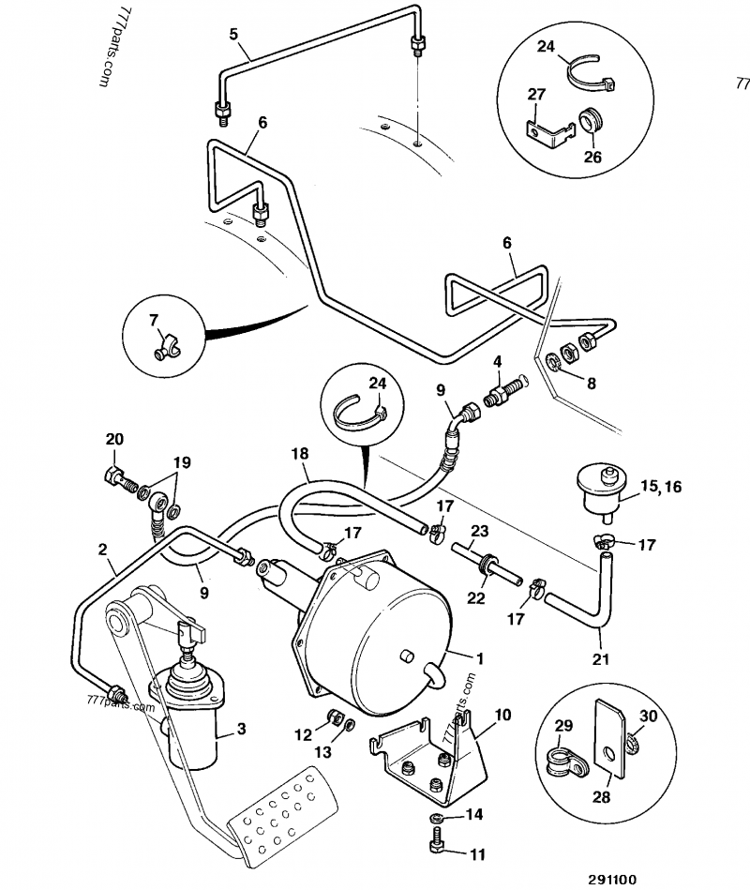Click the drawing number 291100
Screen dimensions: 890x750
tap(612, 879)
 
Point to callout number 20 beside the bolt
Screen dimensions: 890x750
tap(113, 439)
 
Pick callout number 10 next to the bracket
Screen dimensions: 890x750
tap(502, 714)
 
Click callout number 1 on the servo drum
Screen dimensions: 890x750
tap(479, 659)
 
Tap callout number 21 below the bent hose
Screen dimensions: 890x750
tap(600, 659)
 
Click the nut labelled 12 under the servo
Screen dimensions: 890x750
tap(331, 718)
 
